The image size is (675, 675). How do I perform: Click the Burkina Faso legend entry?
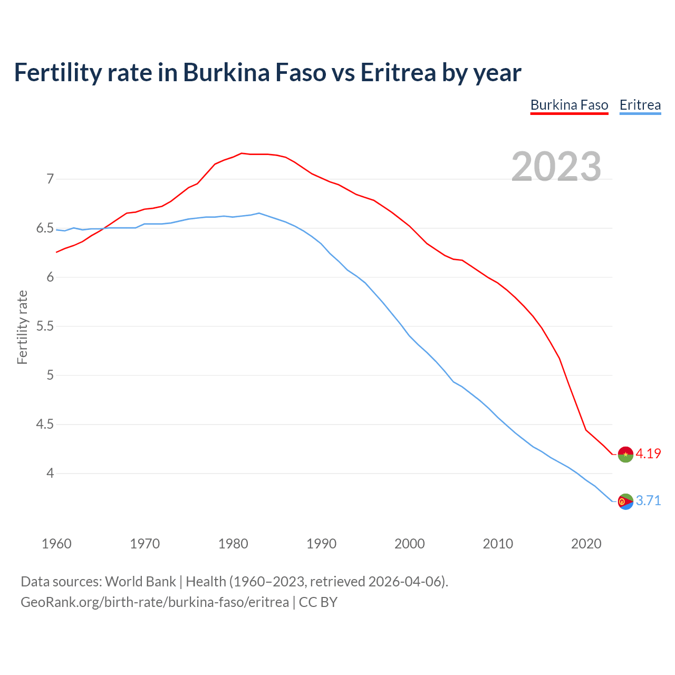point(569,105)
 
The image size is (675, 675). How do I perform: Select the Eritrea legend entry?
point(640,105)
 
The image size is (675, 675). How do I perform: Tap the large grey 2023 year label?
point(556,167)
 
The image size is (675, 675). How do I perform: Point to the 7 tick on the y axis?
point(50,179)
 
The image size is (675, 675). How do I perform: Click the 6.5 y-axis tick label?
point(45,228)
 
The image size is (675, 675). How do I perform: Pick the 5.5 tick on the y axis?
point(45,326)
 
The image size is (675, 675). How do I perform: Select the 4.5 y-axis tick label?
point(45,425)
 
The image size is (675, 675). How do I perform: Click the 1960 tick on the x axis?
point(56,544)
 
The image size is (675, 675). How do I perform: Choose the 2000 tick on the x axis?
point(409,544)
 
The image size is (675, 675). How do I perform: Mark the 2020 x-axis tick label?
point(586,544)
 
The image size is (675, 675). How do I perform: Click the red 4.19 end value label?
point(648,454)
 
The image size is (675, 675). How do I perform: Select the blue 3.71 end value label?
point(648,500)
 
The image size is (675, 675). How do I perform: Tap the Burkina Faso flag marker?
point(625,454)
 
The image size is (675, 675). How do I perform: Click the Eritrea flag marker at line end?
point(625,502)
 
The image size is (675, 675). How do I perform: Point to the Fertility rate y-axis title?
point(22,327)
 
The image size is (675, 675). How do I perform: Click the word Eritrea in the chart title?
point(398,72)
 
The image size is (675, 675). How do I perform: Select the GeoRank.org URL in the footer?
point(155,602)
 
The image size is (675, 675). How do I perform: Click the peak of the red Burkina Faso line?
point(242,153)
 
